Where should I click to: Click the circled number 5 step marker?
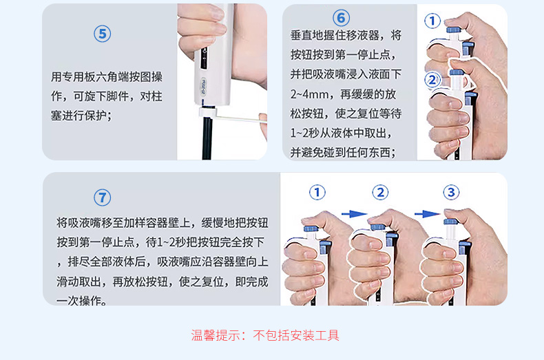coord(102,34)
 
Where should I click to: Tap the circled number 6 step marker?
coord(341,17)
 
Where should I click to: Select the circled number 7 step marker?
coord(102,198)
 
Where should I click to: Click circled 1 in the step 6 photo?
coord(432,21)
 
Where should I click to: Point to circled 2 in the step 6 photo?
coord(432,80)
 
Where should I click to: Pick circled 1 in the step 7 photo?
coord(317,192)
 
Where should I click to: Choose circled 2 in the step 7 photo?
coord(381,192)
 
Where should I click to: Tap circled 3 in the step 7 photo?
coord(451,192)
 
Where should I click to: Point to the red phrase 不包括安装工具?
coord(296,335)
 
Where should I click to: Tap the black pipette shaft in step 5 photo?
coord(206,138)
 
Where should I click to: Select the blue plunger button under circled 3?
coord(450,222)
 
